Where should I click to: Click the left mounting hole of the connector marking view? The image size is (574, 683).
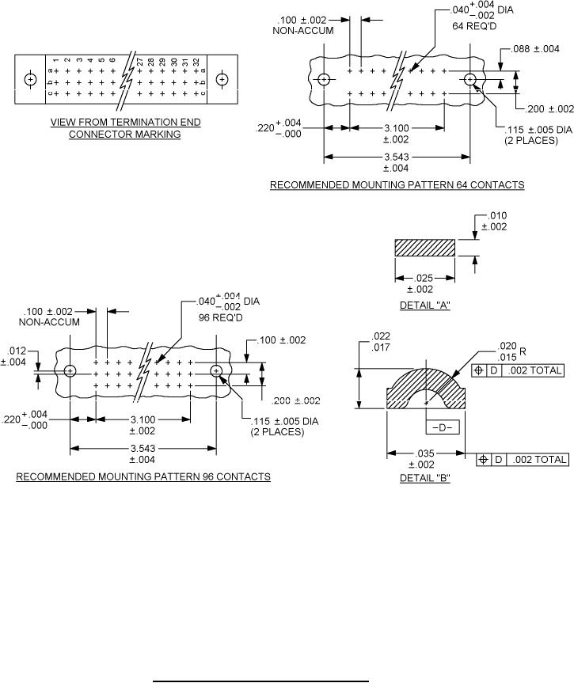tap(31, 80)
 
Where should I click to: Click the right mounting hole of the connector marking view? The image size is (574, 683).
tap(222, 80)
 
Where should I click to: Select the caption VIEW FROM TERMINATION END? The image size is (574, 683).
tap(125, 123)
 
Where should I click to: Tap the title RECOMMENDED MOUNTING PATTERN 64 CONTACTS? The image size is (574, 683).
tap(397, 185)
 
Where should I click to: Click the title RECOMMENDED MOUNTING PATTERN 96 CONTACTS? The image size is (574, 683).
tap(143, 477)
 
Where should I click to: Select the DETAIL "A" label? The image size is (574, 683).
tap(425, 305)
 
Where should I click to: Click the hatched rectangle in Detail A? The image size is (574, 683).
tap(424, 247)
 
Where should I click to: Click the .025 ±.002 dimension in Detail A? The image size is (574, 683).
tap(425, 283)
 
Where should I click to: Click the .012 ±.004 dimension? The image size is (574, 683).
tap(15, 357)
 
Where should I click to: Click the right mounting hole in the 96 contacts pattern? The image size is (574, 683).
tap(216, 370)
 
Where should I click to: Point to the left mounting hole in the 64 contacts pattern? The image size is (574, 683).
tap(324, 80)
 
